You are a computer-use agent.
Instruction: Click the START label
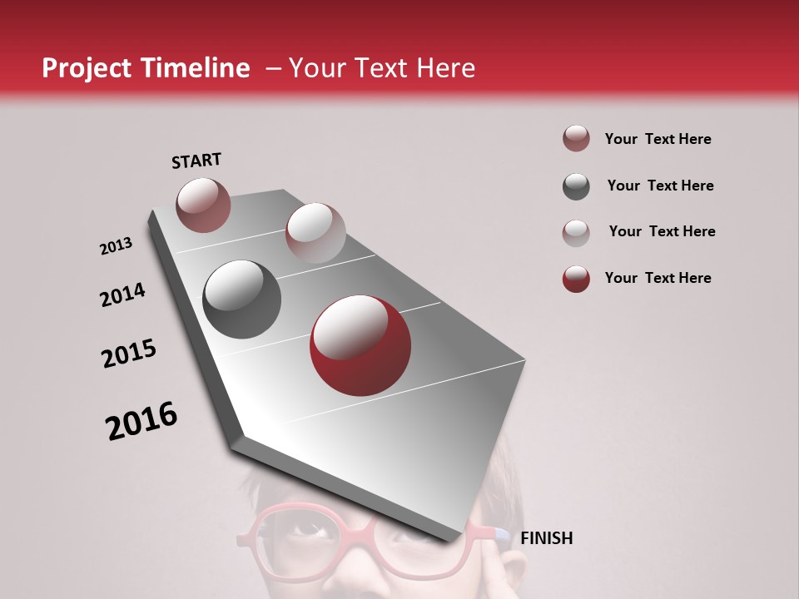pyautogui.click(x=196, y=161)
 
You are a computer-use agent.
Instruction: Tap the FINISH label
pyautogui.click(x=547, y=538)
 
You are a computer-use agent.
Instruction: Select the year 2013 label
pyautogui.click(x=117, y=246)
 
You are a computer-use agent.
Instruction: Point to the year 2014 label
pyautogui.click(x=123, y=295)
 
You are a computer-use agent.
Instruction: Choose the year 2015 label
pyautogui.click(x=129, y=354)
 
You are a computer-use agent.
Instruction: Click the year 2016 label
pyautogui.click(x=141, y=421)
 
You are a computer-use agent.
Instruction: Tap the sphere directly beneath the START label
pyautogui.click(x=203, y=205)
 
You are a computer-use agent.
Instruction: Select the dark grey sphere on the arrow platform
pyautogui.click(x=242, y=299)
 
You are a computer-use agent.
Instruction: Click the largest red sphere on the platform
pyautogui.click(x=360, y=345)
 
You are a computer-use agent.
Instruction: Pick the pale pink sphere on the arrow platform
pyautogui.click(x=315, y=233)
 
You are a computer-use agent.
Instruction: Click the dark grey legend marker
pyautogui.click(x=576, y=186)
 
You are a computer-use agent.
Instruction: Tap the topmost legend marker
pyautogui.click(x=576, y=139)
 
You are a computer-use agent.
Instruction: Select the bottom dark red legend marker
pyautogui.click(x=576, y=279)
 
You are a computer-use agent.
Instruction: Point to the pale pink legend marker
pyautogui.click(x=576, y=232)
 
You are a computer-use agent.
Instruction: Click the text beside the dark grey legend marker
pyautogui.click(x=660, y=186)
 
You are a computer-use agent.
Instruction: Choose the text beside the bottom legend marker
pyautogui.click(x=658, y=278)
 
